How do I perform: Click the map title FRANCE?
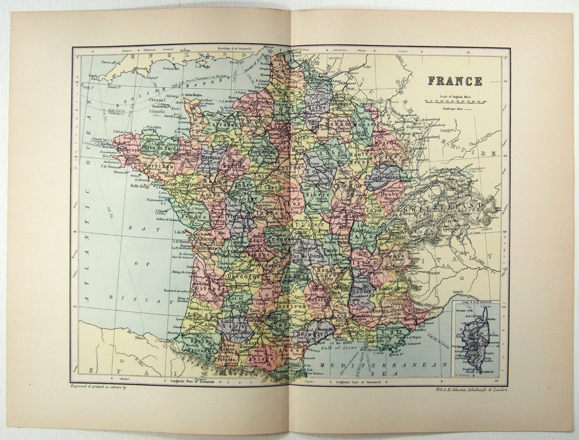pos(455,81)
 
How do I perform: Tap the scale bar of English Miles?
pos(455,100)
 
